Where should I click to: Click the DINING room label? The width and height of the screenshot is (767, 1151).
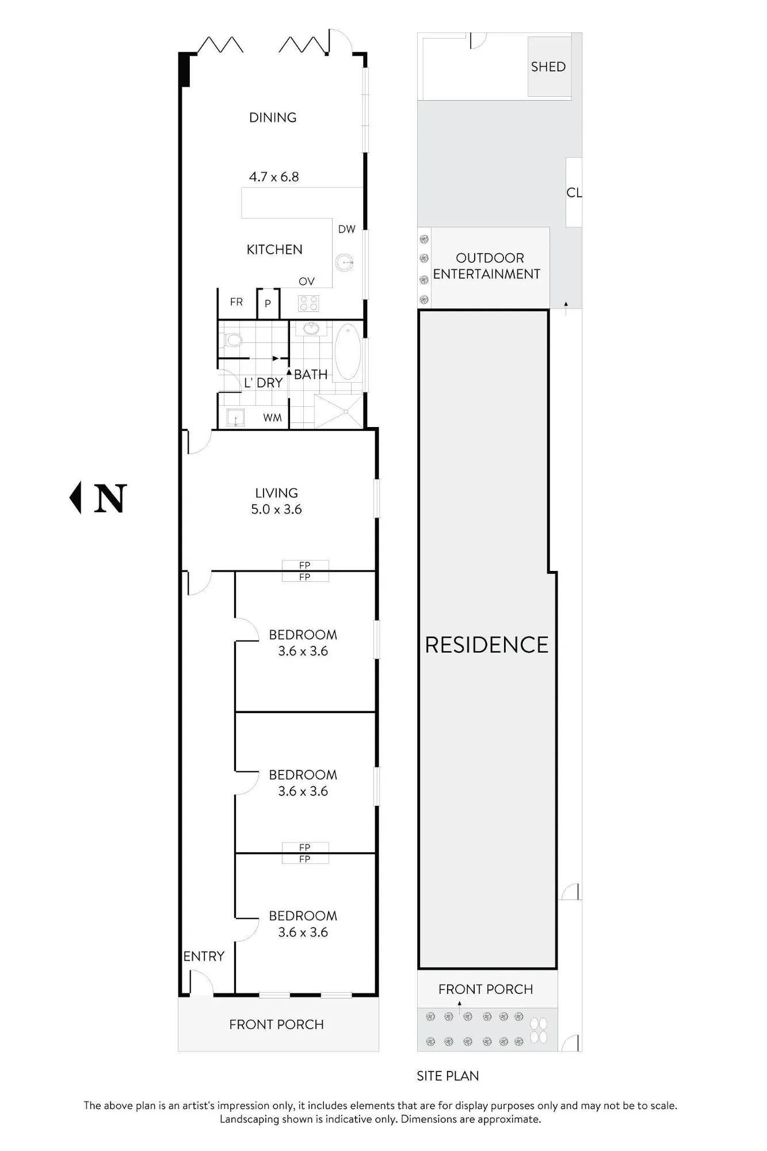click(x=273, y=117)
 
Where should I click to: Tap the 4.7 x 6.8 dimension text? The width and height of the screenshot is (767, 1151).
click(x=274, y=177)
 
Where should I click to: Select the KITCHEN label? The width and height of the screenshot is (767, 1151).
click(x=274, y=249)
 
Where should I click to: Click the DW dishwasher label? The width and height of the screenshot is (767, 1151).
click(x=346, y=229)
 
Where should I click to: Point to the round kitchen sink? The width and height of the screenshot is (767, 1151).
click(x=345, y=263)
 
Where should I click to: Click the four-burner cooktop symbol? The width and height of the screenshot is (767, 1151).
click(x=308, y=303)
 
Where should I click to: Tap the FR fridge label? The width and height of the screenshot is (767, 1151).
click(x=236, y=302)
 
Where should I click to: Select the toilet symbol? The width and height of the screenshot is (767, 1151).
click(x=232, y=340)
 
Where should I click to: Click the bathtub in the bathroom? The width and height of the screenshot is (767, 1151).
click(x=348, y=352)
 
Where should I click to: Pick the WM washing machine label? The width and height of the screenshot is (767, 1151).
click(x=273, y=417)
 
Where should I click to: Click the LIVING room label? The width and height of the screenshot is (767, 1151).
click(x=277, y=493)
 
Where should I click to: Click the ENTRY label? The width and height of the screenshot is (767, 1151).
click(x=204, y=956)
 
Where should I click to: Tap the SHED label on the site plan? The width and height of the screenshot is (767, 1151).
click(x=548, y=67)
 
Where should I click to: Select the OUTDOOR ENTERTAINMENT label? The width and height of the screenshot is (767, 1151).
click(x=487, y=266)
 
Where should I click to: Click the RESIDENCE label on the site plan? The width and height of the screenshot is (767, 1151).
click(x=487, y=645)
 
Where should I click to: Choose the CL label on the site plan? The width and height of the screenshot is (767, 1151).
click(x=574, y=192)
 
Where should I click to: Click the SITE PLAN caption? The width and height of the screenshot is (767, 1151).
click(x=448, y=1076)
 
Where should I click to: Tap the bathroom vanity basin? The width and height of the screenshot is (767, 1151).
click(x=311, y=329)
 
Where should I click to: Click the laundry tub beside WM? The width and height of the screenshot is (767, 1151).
click(x=235, y=417)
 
